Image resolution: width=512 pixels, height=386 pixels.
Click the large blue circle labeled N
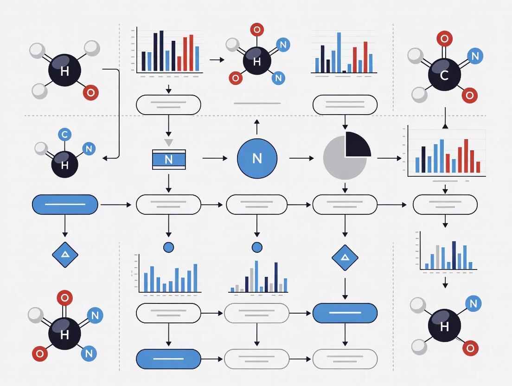[257, 158]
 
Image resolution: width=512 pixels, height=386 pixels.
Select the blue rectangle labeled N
[169, 159]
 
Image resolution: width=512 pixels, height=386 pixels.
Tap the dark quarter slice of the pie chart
[356, 145]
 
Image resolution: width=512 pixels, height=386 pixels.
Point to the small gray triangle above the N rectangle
[169, 142]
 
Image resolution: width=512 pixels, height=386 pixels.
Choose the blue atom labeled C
[64, 135]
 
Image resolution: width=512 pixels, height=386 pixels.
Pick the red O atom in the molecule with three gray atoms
[90, 93]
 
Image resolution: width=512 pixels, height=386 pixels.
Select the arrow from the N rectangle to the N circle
[215, 158]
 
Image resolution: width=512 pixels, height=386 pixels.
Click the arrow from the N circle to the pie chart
[301, 158]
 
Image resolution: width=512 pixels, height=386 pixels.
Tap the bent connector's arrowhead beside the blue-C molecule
[105, 158]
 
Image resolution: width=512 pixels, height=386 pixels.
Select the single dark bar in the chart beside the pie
[423, 159]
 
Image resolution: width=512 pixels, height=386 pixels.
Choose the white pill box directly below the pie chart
[345, 205]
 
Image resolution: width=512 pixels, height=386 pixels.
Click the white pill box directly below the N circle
[257, 205]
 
